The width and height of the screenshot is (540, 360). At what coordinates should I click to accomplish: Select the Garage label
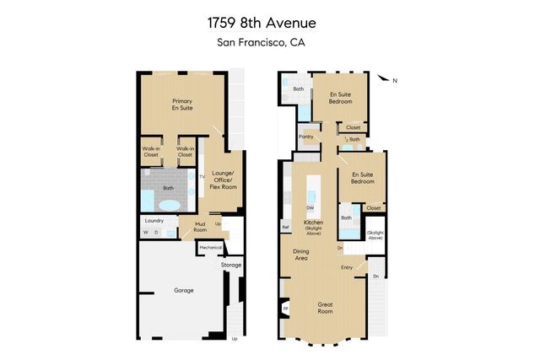click(184, 290)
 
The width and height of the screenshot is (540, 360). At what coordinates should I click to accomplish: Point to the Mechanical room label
click(210, 247)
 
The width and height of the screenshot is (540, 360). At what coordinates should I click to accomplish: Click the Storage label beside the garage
click(231, 265)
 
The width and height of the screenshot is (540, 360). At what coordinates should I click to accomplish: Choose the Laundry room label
click(154, 220)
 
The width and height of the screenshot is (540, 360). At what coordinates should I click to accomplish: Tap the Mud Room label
click(201, 225)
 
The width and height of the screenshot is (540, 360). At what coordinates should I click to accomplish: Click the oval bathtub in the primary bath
click(170, 205)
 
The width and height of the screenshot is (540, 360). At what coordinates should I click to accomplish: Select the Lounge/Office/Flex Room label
click(226, 178)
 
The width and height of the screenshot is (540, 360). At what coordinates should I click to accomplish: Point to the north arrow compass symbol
click(385, 80)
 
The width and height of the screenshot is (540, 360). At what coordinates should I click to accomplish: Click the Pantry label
click(306, 135)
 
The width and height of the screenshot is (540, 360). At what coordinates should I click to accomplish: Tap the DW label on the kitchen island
click(310, 207)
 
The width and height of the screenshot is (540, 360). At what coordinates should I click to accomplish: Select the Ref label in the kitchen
click(285, 226)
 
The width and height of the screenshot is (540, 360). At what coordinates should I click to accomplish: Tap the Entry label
click(347, 268)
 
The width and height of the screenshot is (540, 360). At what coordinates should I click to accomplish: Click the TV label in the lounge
click(202, 176)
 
